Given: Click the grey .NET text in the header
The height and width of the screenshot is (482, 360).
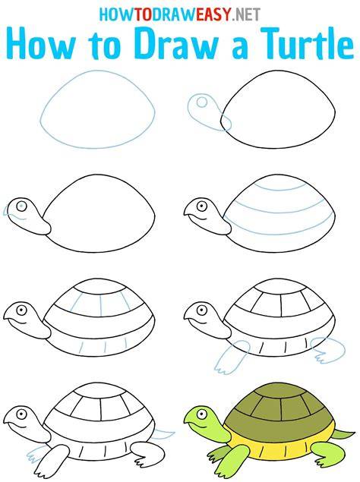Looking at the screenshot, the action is (x=247, y=14).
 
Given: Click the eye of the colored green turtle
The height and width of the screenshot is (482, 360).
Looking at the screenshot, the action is (x=201, y=414).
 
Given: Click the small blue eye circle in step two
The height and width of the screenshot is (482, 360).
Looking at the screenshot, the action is (x=201, y=102).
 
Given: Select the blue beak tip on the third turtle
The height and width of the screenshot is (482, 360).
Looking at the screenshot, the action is (x=7, y=211).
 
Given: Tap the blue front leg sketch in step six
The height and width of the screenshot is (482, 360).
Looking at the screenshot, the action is (x=232, y=358).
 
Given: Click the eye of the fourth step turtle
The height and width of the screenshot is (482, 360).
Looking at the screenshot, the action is (x=201, y=206).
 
